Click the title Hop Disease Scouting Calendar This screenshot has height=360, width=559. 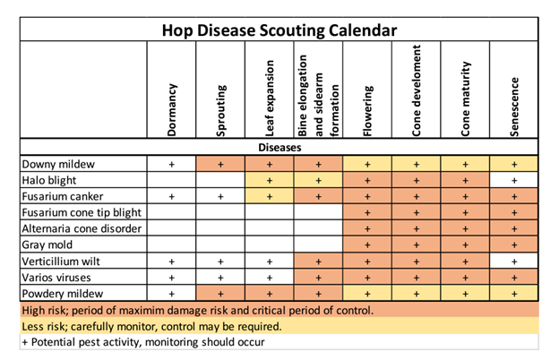(279, 30)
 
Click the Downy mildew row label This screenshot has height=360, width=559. (55, 165)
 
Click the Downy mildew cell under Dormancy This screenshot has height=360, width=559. (172, 165)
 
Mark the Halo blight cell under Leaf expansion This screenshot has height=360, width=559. (270, 181)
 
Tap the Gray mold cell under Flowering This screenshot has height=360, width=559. (368, 244)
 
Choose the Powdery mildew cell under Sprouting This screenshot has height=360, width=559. (221, 293)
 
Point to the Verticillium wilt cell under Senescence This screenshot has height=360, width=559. (513, 261)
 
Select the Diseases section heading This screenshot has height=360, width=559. (279, 148)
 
